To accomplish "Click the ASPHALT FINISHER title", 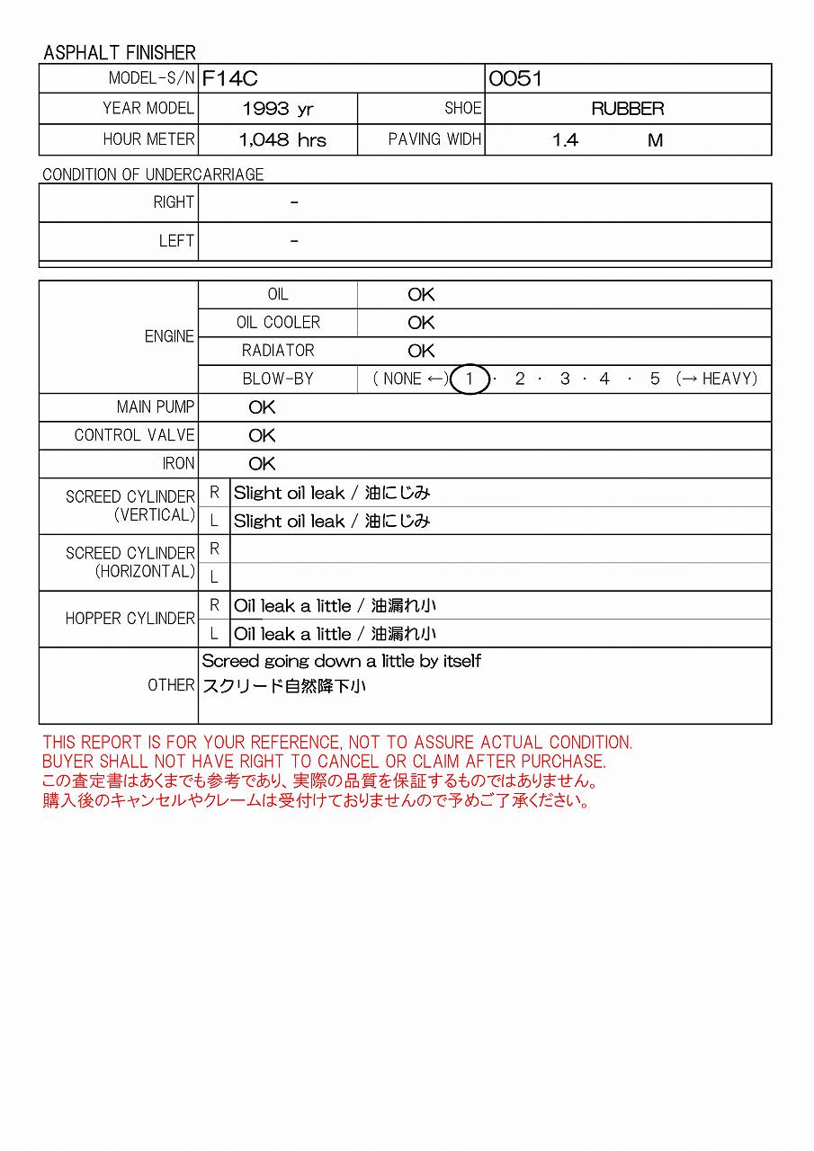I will click(x=120, y=53).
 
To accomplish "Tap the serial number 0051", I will click(x=515, y=79).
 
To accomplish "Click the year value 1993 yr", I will click(x=278, y=110).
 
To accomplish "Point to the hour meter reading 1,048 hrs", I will click(x=282, y=140).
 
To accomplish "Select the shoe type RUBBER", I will click(x=627, y=110).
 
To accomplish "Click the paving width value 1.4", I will click(x=565, y=140).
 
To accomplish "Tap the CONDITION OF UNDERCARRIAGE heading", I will click(x=153, y=174).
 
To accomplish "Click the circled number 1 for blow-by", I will click(x=470, y=379).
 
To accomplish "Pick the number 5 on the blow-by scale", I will click(x=655, y=379).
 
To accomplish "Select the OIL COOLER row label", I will click(x=278, y=323).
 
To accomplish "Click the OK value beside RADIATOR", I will click(x=421, y=351).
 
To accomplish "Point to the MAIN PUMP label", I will click(x=156, y=407).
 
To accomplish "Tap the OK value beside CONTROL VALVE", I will click(x=262, y=435).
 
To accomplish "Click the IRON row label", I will click(x=178, y=464).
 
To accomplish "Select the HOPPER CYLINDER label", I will click(x=130, y=619).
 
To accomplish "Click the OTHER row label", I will click(x=171, y=685).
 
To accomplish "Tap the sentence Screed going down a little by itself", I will click(x=341, y=661).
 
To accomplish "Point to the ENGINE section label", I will click(x=169, y=336).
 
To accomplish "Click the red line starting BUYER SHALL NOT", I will click(x=324, y=762).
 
